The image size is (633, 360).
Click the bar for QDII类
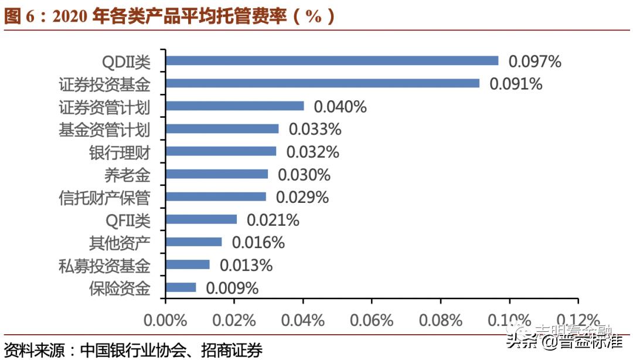(x=332, y=60)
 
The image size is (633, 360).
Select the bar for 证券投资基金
(x=322, y=83)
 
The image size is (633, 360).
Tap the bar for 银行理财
(x=221, y=151)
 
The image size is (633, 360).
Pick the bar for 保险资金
(x=181, y=287)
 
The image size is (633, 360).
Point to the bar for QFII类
(x=202, y=219)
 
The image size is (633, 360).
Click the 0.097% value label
(x=535, y=61)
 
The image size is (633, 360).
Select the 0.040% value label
(x=340, y=107)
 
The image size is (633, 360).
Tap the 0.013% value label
(x=246, y=265)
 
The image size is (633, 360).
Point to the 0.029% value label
(x=302, y=197)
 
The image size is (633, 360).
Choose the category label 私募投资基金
(x=104, y=266)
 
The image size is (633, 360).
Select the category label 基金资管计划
(x=104, y=129)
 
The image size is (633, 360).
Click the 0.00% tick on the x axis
(x=166, y=321)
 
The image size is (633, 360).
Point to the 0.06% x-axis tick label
(x=372, y=321)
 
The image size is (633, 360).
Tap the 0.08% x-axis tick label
(x=441, y=321)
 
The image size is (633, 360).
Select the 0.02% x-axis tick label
(x=234, y=321)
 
